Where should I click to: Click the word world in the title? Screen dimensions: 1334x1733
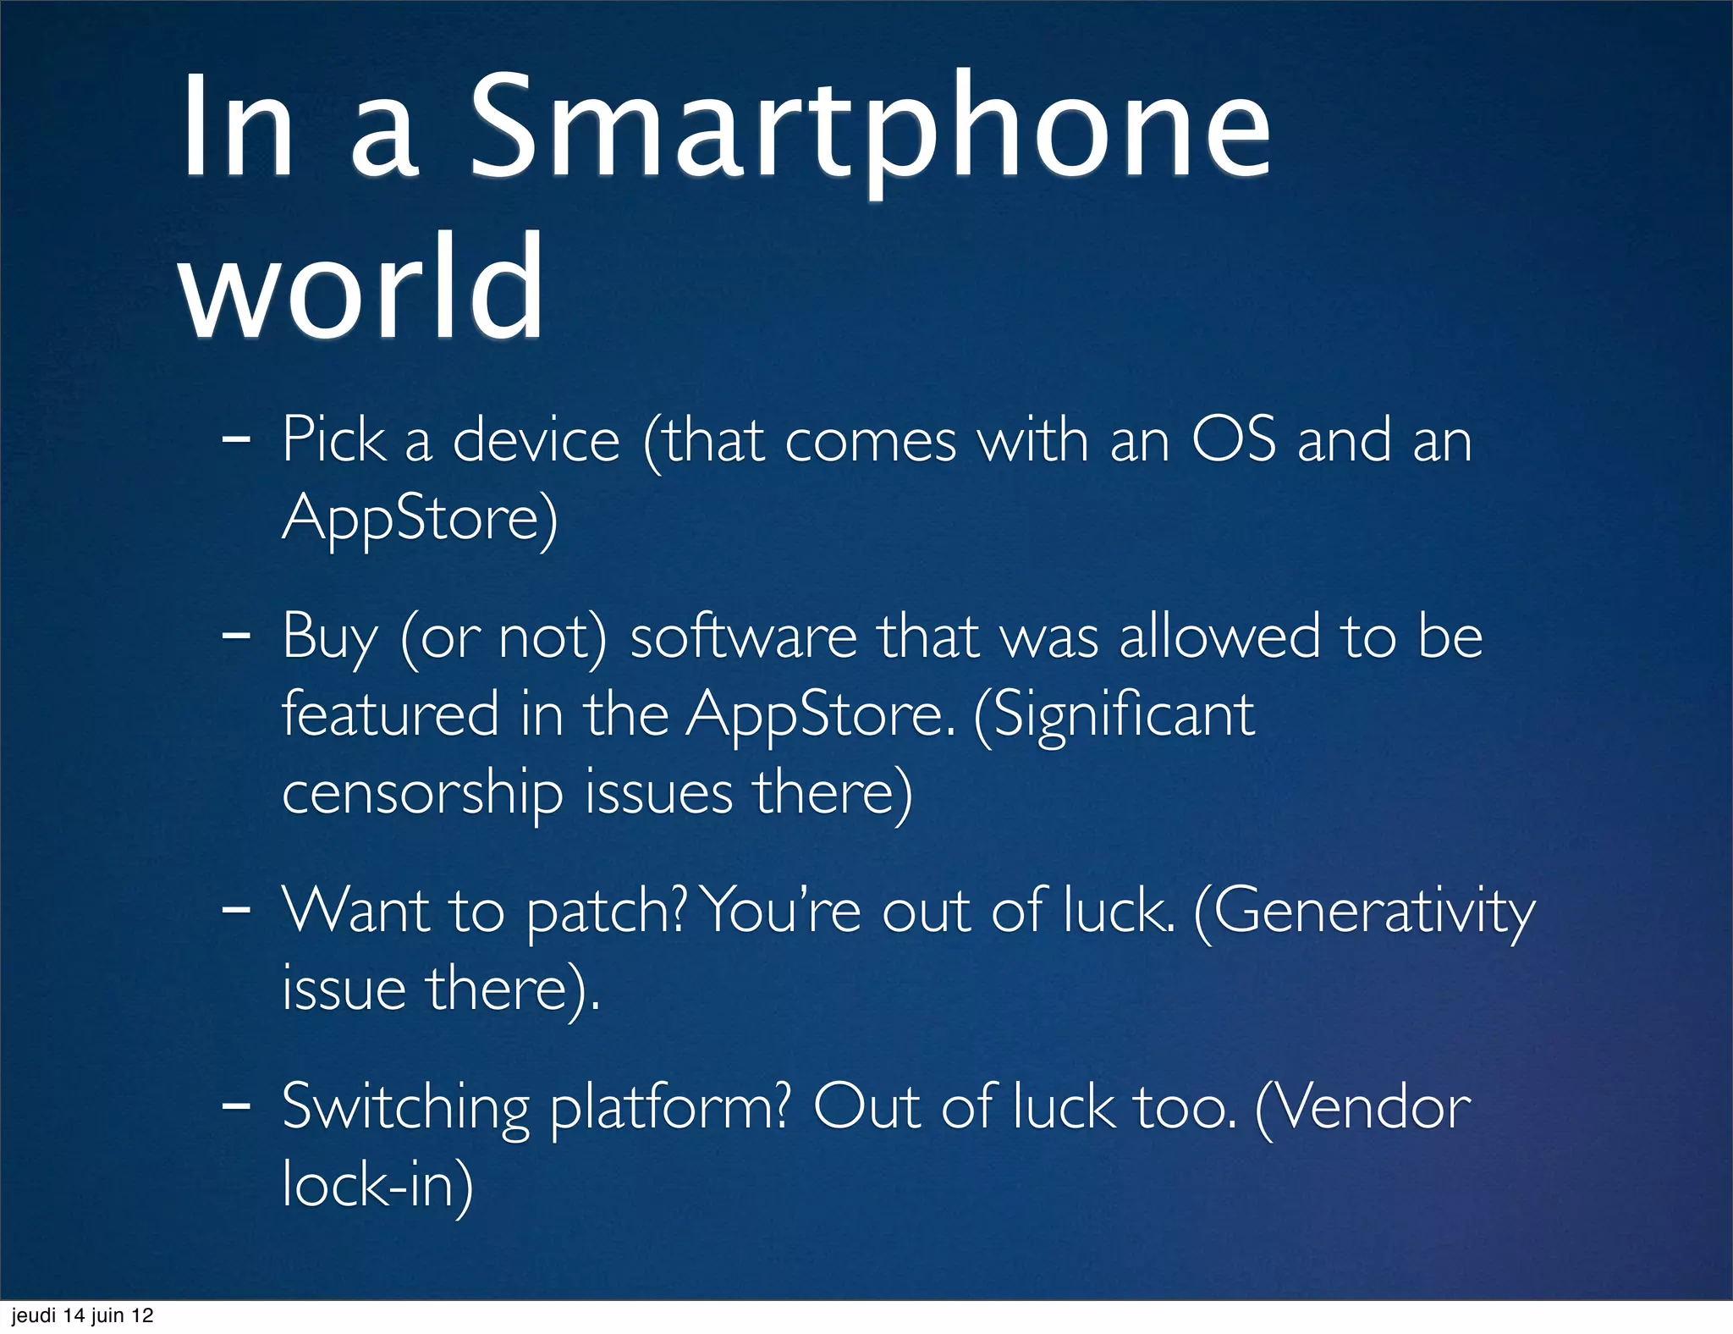(x=362, y=288)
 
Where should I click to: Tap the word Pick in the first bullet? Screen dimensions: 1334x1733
(x=333, y=440)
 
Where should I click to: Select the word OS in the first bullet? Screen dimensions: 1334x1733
(x=1233, y=440)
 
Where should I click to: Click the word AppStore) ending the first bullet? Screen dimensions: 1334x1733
(x=420, y=518)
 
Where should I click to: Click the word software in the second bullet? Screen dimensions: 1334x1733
(x=743, y=637)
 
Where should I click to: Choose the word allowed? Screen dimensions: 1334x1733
(x=1219, y=637)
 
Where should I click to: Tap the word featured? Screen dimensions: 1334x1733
(x=390, y=714)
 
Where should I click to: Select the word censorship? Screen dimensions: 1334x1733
(x=422, y=794)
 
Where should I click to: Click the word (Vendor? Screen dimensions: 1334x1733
(x=1363, y=1107)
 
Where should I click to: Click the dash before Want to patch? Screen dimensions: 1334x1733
(x=235, y=911)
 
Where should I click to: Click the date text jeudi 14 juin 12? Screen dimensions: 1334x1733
(x=82, y=1315)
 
